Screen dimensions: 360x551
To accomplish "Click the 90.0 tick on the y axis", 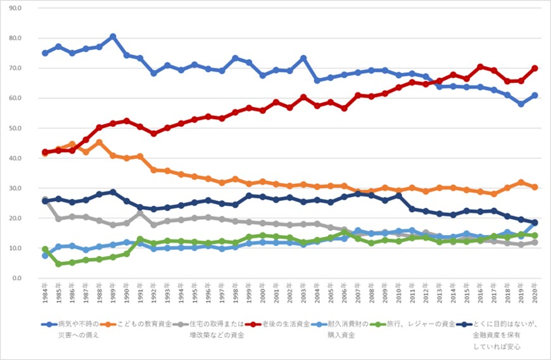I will click(x=29, y=8).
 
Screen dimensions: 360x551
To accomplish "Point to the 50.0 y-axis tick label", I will click(x=29, y=128).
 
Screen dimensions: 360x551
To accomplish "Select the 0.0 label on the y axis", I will click(x=31, y=278).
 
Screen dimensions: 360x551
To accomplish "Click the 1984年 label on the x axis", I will click(x=45, y=293).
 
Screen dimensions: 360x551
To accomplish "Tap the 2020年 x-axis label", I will click(x=535, y=293).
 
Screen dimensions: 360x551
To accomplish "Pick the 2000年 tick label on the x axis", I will click(x=263, y=293).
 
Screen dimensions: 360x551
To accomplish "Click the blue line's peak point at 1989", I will click(x=113, y=37).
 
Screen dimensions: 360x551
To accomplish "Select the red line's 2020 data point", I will click(x=535, y=68).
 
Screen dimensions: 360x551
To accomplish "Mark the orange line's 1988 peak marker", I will click(x=99, y=143).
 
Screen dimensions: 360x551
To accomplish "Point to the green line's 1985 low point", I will click(x=58, y=264).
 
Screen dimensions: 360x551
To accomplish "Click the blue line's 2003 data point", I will click(x=303, y=58).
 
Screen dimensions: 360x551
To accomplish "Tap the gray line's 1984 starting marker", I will click(x=45, y=200).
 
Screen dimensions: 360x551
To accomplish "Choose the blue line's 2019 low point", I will click(x=521, y=104).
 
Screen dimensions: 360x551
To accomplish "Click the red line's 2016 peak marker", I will click(x=481, y=67).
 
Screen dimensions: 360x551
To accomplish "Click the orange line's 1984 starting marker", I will click(x=45, y=153).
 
